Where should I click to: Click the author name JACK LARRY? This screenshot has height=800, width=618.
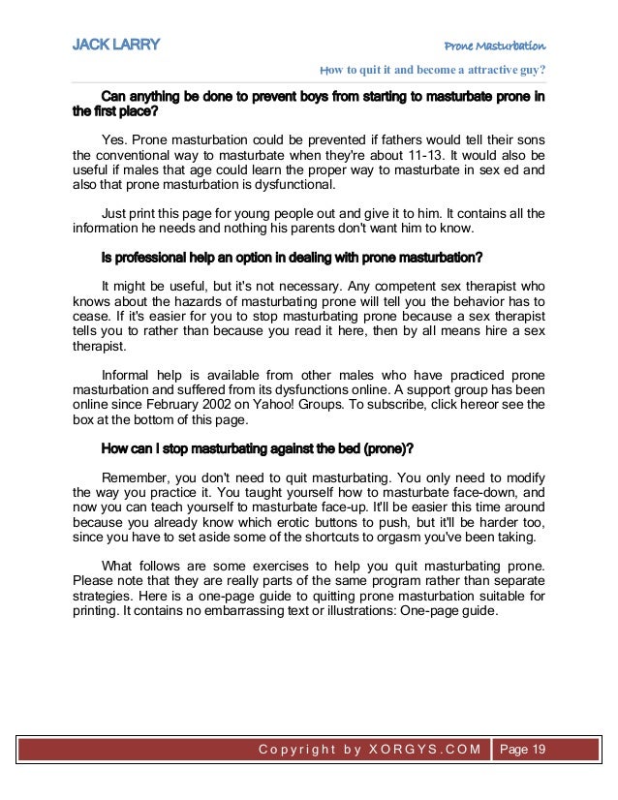116,45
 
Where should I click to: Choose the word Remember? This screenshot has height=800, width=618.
135,477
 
